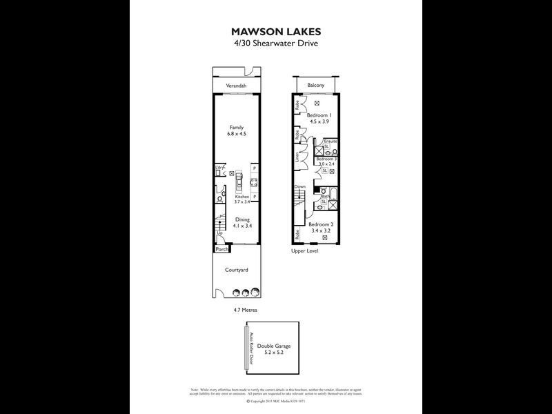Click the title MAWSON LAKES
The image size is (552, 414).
point(276,32)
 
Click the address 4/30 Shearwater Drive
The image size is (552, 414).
point(276,43)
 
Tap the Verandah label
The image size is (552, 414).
point(237,86)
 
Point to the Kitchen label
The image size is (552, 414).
point(241,197)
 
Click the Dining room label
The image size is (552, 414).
point(241,219)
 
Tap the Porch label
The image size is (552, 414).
point(221,249)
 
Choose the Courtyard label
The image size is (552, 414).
point(237,270)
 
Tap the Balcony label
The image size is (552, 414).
point(317,85)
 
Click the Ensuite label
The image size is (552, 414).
point(331,141)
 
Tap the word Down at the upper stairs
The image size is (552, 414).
point(300,187)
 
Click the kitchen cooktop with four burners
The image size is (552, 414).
point(253,183)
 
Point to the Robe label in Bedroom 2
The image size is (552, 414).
point(297,233)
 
